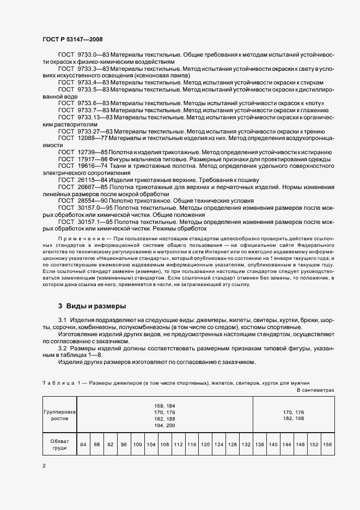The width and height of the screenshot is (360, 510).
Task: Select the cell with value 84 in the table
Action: pos(83,445)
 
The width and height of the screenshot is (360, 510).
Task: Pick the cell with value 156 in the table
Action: pos(327,445)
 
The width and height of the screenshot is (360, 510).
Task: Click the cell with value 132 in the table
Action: pos(246,445)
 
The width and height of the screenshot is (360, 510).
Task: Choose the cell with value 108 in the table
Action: pos(164,445)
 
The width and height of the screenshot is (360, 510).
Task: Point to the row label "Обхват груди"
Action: pos(59,445)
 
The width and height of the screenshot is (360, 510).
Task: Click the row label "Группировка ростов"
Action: pos(59,416)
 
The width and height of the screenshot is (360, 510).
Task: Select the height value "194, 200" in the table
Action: pos(164,425)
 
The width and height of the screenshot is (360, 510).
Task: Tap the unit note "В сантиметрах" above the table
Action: pos(315,391)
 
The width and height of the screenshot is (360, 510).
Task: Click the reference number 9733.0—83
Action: pos(93,56)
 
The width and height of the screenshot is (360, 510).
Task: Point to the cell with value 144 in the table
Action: pos(286,445)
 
